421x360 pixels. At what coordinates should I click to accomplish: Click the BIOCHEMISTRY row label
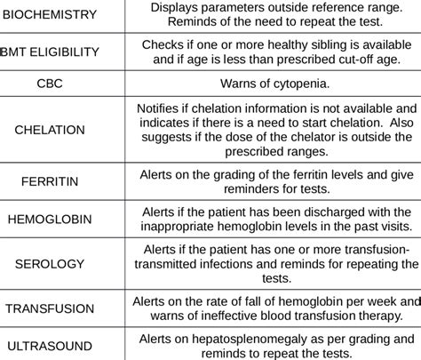(50, 16)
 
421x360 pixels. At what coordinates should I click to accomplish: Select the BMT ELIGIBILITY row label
(50, 52)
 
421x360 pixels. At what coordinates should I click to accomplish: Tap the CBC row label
(50, 84)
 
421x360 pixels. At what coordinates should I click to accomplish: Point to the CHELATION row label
(50, 130)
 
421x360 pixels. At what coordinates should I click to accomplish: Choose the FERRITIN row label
(50, 181)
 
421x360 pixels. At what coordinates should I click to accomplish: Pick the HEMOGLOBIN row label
(50, 219)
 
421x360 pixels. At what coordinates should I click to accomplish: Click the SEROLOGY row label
(50, 264)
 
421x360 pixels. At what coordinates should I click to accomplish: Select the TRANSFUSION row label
(50, 308)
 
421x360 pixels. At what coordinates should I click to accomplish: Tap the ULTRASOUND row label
(50, 345)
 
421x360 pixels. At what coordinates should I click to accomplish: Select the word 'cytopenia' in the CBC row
(298, 84)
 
